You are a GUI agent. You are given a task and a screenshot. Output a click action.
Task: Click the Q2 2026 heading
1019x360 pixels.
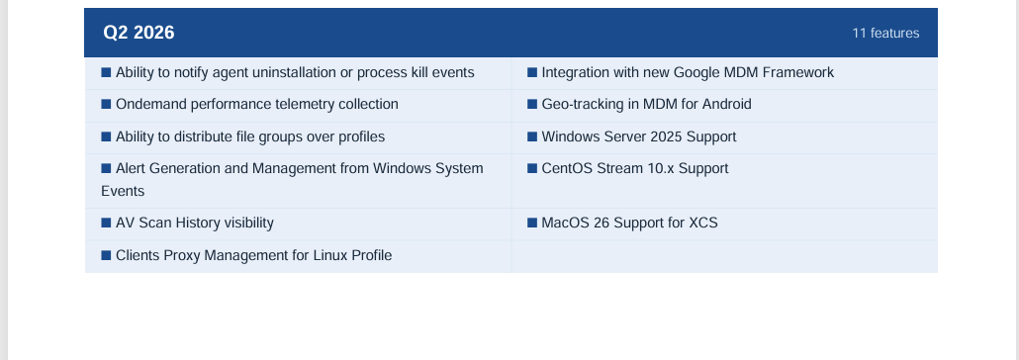(139, 33)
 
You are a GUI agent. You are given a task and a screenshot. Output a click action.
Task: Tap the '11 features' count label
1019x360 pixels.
(885, 34)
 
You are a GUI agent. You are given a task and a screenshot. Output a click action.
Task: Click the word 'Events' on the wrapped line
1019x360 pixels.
(123, 191)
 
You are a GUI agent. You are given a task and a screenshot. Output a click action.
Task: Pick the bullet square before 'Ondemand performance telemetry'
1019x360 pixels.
(107, 104)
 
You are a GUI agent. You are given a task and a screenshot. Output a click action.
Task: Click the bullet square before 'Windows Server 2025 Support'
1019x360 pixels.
(532, 136)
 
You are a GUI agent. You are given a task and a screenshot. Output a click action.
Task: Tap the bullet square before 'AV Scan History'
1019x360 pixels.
(107, 223)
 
